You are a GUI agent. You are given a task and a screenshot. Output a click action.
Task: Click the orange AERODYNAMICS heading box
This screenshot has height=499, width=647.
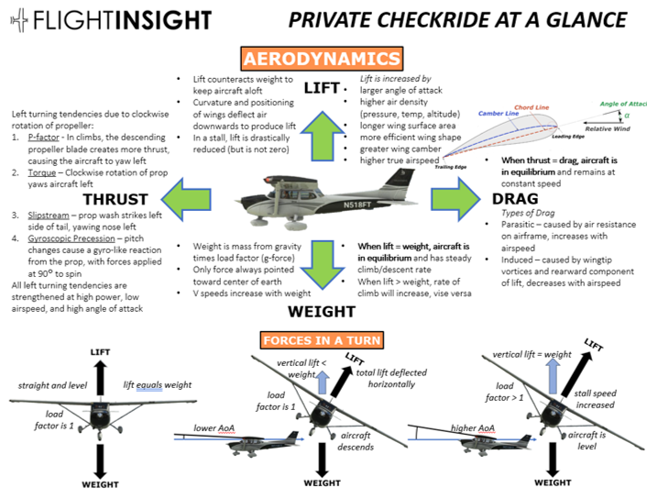[323, 59]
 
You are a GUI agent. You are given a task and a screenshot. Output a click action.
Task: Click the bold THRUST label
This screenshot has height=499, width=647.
[115, 199]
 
